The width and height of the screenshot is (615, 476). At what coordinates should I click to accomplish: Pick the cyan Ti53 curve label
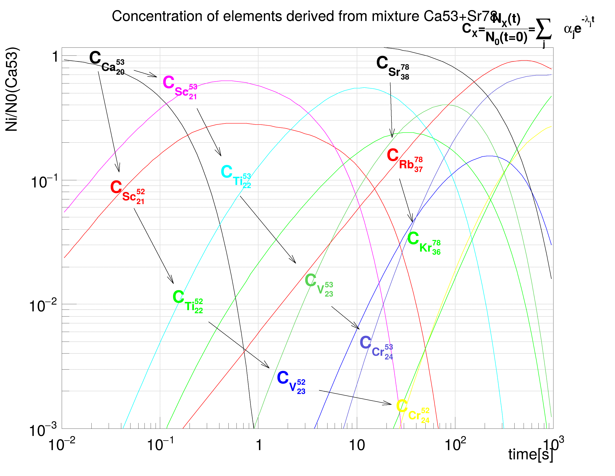[x=236, y=176]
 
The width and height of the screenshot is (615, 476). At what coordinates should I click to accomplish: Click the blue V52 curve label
[x=291, y=382]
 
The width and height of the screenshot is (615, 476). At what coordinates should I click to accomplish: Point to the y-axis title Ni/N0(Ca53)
[x=12, y=89]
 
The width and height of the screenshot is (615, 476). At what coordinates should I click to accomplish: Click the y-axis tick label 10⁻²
[x=43, y=306]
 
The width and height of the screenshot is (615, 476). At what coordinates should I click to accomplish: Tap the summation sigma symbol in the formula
[x=543, y=30]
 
